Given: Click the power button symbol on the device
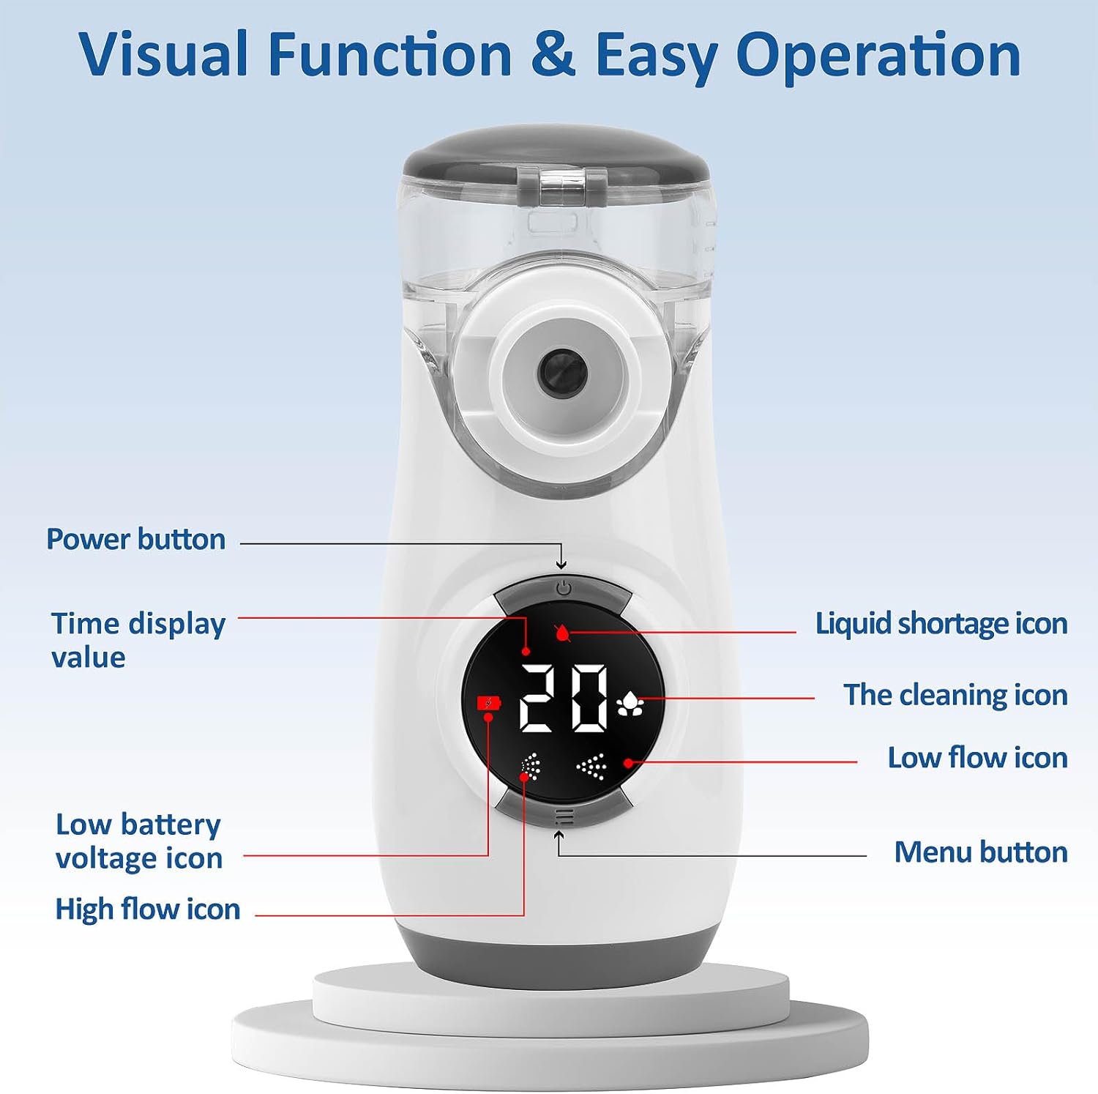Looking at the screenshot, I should (562, 587).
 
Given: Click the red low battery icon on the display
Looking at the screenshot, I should (489, 703).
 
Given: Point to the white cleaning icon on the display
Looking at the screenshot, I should (630, 704).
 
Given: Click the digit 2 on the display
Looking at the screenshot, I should (536, 699).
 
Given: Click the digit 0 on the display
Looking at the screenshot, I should (589, 699).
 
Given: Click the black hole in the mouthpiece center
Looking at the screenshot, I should (561, 371).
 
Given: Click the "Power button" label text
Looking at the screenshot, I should (136, 540).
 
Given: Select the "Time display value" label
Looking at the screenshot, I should (138, 640).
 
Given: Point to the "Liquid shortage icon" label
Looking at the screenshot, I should (941, 624).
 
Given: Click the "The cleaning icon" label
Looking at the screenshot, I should (955, 695).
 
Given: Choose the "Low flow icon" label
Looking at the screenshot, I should (977, 758).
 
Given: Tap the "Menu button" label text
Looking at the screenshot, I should (980, 852).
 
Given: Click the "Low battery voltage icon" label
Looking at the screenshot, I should (138, 841).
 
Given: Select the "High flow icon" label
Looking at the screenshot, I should (148, 909).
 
